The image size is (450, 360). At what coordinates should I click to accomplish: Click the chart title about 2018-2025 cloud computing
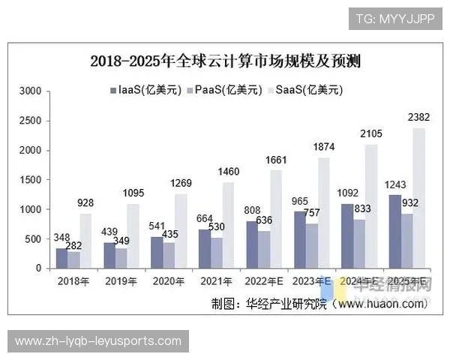pos(229,61)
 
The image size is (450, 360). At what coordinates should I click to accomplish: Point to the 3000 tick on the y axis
pos(30,91)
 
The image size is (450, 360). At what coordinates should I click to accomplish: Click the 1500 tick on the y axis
pos(30,180)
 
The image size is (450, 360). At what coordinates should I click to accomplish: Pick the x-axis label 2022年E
pos(265,281)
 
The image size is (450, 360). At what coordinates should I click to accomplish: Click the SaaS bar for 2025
pos(418,198)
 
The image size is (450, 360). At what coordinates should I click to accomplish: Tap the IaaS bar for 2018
pos(61,258)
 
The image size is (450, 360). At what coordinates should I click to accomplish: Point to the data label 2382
pos(418,118)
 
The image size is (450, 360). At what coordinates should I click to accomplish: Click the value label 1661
pos(276,160)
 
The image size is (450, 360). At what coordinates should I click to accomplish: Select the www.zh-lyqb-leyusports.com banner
pos(98,341)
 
